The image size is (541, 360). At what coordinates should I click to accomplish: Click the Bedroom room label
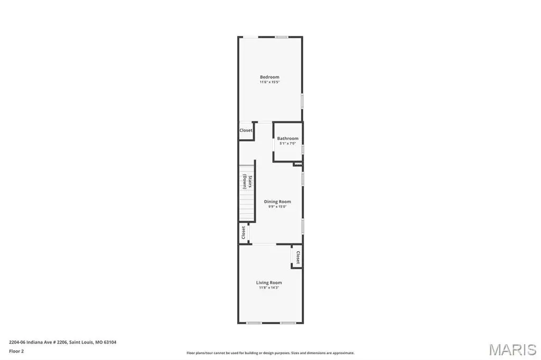point(269,77)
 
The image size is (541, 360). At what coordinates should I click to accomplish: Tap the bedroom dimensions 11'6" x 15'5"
point(269,82)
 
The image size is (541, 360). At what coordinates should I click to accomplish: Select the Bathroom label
point(288,138)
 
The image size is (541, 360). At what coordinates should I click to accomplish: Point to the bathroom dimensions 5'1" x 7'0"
point(288,144)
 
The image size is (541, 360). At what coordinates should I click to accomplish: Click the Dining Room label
point(277,202)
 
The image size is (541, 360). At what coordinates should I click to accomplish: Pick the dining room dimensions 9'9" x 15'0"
point(277,206)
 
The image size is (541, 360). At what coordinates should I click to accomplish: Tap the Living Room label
point(269,282)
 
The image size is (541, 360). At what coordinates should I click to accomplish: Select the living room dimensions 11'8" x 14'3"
point(269,288)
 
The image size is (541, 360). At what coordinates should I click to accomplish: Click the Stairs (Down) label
point(247,182)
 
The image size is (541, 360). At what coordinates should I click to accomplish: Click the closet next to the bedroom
point(246,130)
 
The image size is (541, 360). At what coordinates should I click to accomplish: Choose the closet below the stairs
point(243,232)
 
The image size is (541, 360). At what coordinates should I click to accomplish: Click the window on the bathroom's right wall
point(303,149)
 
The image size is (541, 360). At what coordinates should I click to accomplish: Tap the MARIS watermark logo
point(512,349)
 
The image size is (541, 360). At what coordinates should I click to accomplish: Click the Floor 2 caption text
point(16,352)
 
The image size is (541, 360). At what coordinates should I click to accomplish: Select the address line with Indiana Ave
point(62,343)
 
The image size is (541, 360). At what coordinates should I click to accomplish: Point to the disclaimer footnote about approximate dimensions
point(270,353)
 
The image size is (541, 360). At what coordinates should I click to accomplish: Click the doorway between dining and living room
point(264,244)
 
